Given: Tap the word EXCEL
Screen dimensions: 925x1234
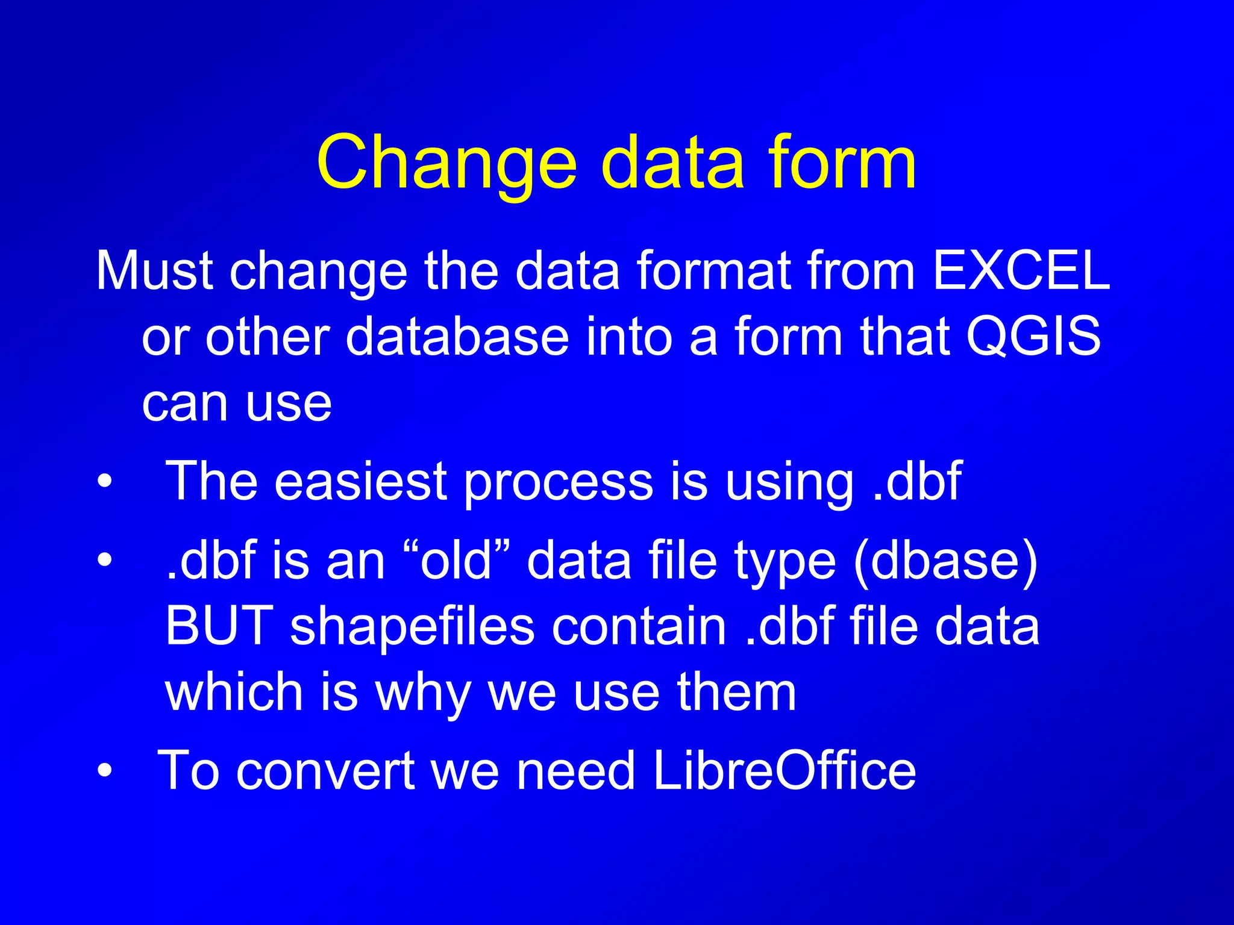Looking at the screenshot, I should [1021, 271].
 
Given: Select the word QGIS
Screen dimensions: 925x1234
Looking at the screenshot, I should [1033, 337].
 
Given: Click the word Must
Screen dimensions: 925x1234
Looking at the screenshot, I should [154, 271].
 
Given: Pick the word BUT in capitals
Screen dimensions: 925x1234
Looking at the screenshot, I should [219, 626].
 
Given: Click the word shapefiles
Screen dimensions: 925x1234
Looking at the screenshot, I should [412, 627].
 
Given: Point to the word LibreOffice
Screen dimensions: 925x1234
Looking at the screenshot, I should [784, 770].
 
